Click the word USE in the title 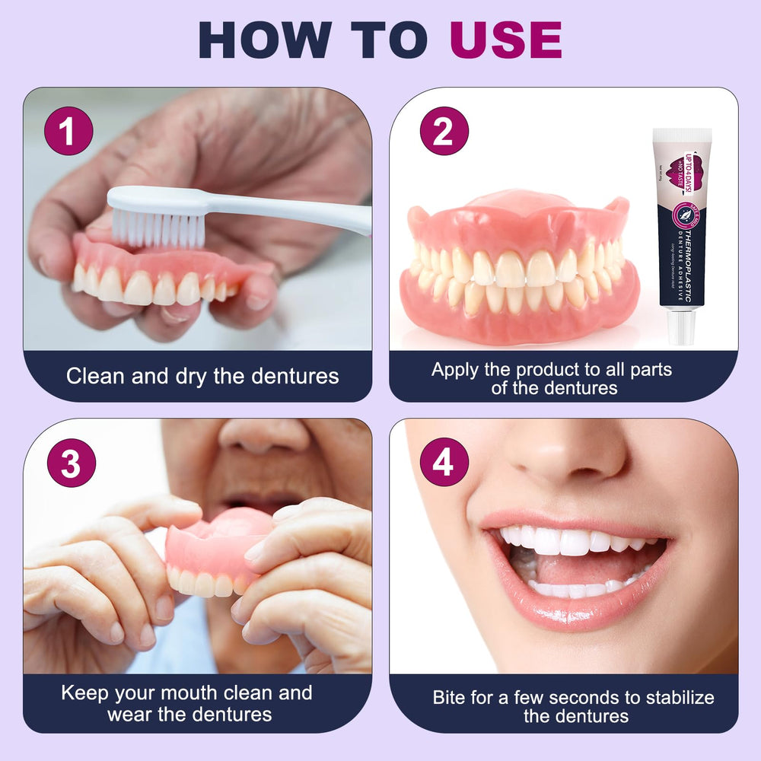click(505, 40)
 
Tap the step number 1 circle click(68, 132)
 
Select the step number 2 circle click(444, 132)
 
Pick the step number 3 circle click(71, 463)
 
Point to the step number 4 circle click(444, 462)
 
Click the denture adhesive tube click(682, 228)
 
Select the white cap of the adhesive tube click(682, 328)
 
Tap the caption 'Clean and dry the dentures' click(202, 376)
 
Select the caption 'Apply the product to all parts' click(552, 370)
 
